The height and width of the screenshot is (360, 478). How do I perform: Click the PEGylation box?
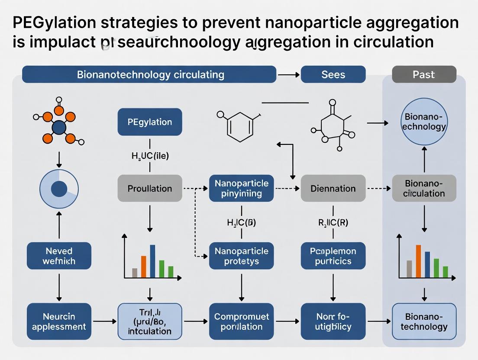pos(150,122)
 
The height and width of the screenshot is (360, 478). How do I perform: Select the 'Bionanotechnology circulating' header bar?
pos(149,74)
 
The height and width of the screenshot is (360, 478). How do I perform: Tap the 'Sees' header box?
pos(333,74)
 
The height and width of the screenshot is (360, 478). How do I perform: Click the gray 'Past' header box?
pos(424,74)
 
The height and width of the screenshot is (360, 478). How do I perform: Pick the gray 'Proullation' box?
pos(150,188)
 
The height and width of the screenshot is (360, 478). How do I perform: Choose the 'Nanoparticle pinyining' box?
pos(241,188)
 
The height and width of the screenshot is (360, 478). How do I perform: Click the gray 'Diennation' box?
pos(333,188)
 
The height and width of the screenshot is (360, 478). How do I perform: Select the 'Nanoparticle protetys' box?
pos(241,256)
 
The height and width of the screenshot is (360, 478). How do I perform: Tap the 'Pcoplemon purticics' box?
pos(333,256)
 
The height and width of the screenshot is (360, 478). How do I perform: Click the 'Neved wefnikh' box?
pos(59,256)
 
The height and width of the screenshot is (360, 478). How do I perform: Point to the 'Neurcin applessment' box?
pos(59,321)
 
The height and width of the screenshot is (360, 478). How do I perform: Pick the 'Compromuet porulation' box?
pos(241,321)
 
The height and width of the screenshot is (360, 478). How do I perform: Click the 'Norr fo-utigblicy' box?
pos(333,321)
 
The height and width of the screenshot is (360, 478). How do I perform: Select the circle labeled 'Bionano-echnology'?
pos(424,122)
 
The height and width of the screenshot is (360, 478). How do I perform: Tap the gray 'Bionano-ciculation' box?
pos(424,188)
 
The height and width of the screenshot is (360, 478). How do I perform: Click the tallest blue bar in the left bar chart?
pos(152,261)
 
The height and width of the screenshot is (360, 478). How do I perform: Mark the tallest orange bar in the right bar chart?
pos(418,261)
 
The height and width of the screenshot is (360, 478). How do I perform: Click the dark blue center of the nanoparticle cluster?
pos(59,127)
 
